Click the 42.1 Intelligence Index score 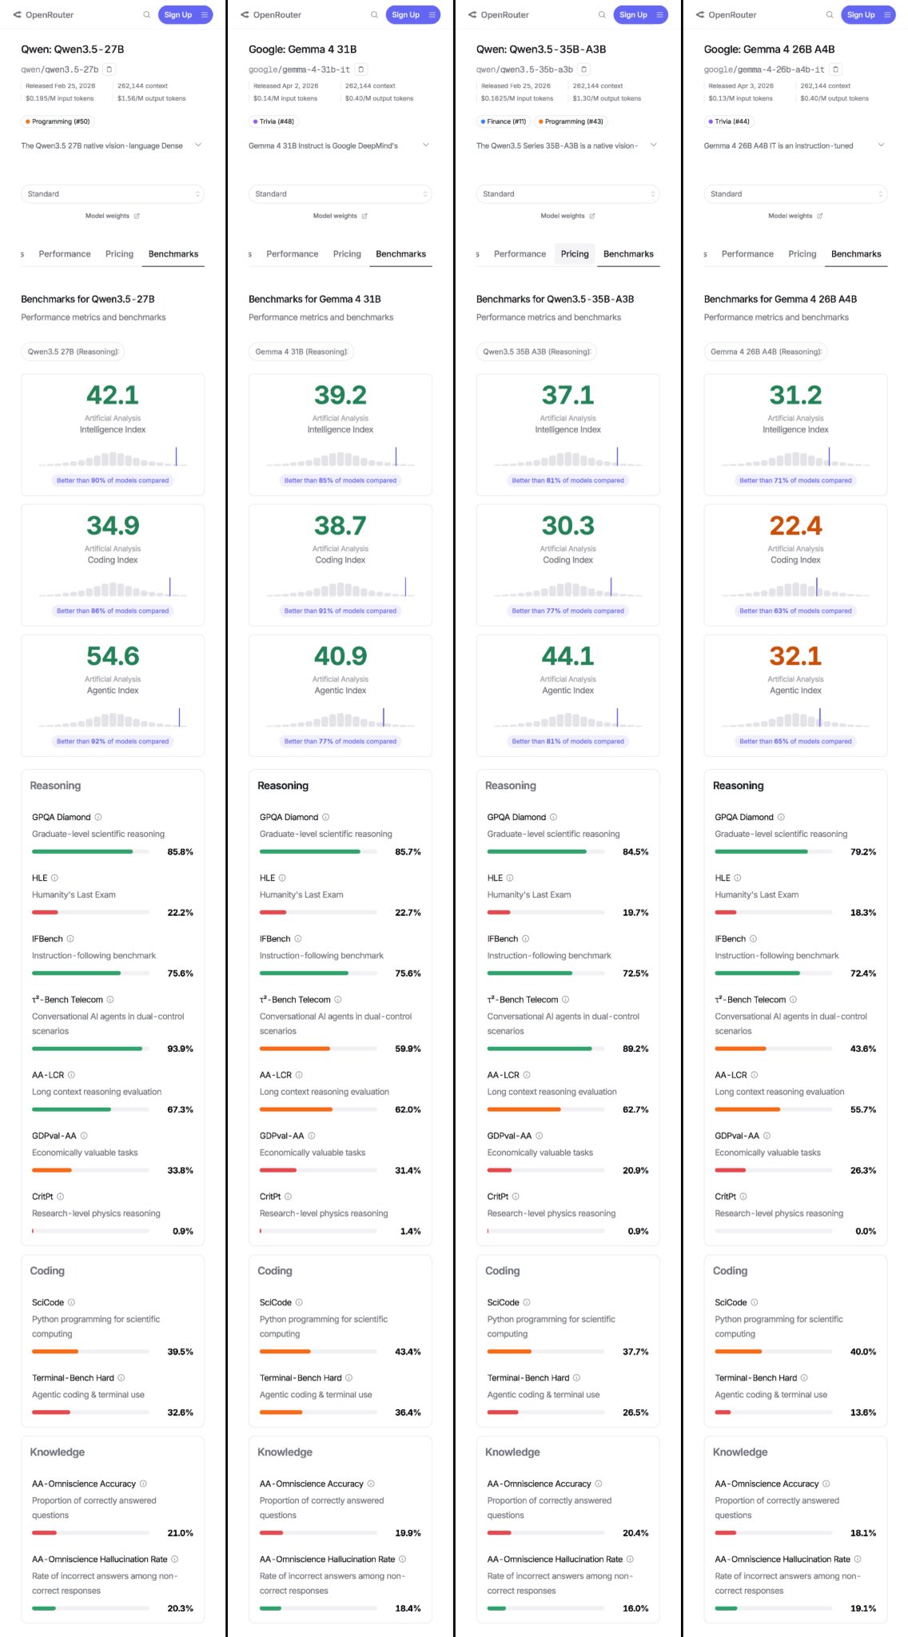(113, 395)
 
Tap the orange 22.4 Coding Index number (795, 526)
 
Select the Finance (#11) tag (503, 121)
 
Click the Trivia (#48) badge (273, 121)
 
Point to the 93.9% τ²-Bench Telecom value (180, 1049)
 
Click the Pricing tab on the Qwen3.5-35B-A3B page (575, 254)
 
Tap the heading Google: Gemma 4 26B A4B (769, 50)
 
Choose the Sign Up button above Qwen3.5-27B (178, 14)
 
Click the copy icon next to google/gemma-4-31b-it (361, 70)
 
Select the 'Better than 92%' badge (113, 741)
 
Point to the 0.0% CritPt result (865, 1231)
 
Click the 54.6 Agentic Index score (113, 656)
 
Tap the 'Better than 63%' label (795, 611)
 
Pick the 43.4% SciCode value (408, 1352)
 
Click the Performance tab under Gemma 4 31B (292, 254)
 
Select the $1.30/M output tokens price (607, 98)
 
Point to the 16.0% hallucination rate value (635, 1608)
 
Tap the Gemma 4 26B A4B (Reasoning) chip (765, 352)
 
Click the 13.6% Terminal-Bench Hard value (863, 1412)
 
